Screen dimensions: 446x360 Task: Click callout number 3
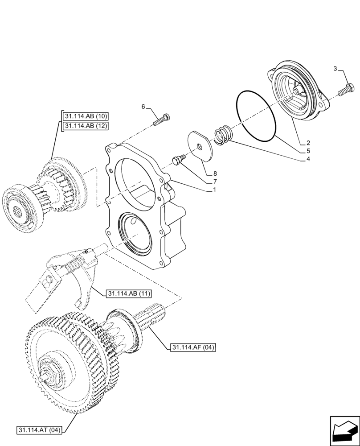click(335, 68)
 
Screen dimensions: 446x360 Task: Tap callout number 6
click(143, 107)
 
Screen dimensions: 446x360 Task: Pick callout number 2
click(308, 143)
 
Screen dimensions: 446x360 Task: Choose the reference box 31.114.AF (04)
click(192, 347)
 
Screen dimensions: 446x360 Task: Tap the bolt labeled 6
click(163, 120)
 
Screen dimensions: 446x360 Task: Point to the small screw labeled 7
click(178, 160)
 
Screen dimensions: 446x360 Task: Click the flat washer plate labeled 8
click(201, 144)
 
